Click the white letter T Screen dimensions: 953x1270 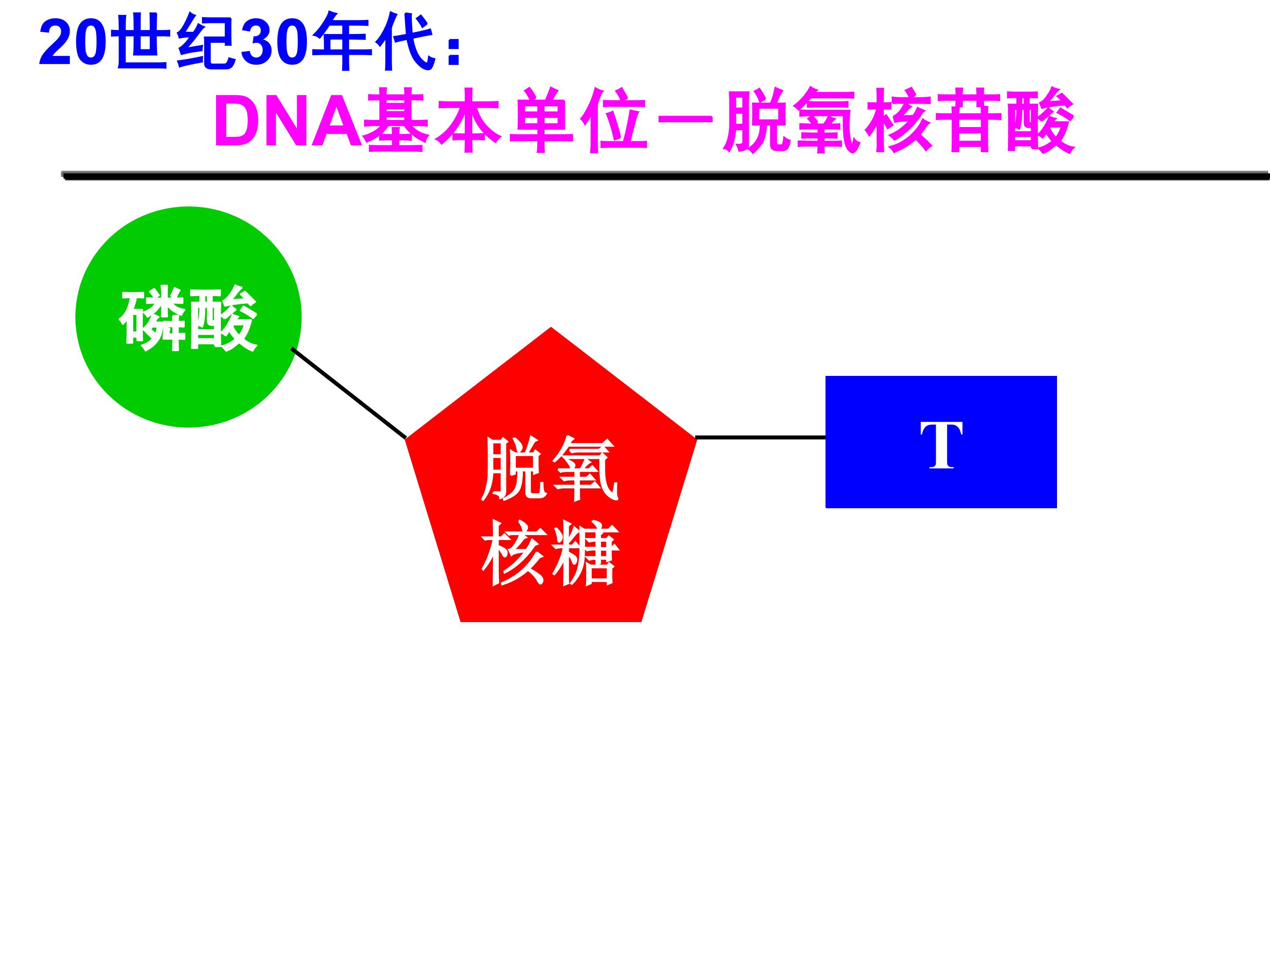click(941, 445)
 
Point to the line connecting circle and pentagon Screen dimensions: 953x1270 click(349, 394)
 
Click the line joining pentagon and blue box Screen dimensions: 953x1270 click(761, 438)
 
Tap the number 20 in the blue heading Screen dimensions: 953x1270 click(73, 44)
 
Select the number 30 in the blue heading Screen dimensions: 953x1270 click(274, 44)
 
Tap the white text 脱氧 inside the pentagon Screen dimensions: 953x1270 click(549, 468)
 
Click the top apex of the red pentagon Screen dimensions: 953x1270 click(551, 331)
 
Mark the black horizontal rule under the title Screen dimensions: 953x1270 click(660, 176)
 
